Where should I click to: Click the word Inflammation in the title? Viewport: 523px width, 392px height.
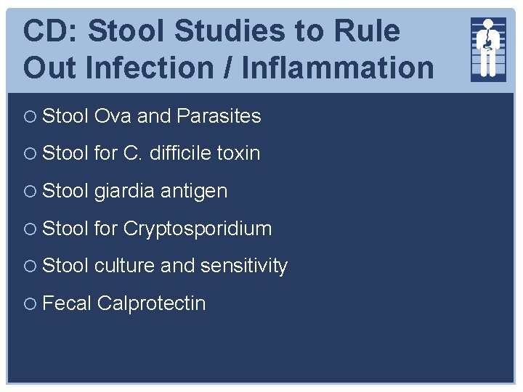(x=338, y=67)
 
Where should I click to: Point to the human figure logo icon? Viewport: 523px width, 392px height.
(x=488, y=48)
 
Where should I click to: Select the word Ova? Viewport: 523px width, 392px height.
(x=113, y=115)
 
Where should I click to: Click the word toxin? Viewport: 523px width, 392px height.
(x=238, y=153)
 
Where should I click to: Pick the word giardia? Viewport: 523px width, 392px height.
(x=124, y=191)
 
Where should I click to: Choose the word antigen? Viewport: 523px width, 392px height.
(x=193, y=192)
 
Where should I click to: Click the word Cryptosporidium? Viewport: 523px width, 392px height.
(x=197, y=229)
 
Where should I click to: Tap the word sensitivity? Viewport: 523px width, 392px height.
(x=244, y=266)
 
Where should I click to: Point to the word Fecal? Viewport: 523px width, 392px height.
(x=67, y=303)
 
